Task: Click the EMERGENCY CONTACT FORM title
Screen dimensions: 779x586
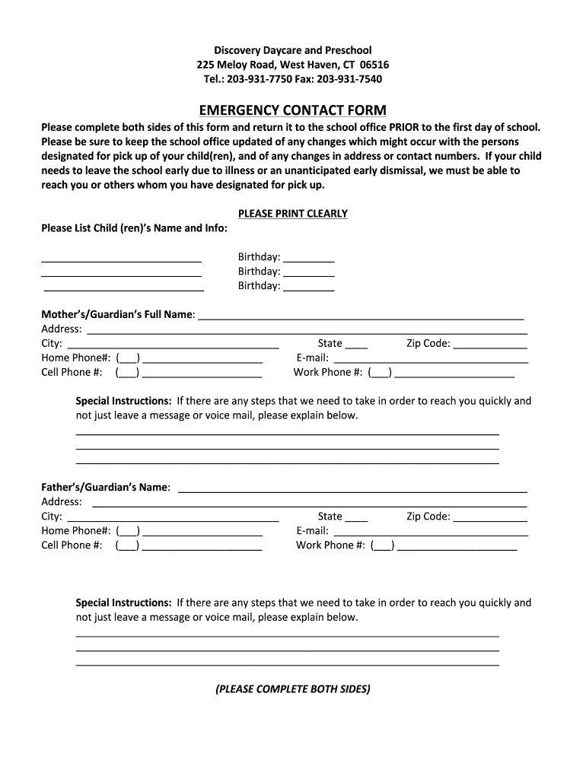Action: tap(293, 110)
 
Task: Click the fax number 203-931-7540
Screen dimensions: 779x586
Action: tap(349, 79)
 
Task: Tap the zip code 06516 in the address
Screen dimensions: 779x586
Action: tap(374, 65)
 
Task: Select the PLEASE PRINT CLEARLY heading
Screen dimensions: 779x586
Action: tap(293, 214)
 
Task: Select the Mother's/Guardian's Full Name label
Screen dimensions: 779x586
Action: tap(117, 314)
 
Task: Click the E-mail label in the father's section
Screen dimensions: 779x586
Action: tap(312, 531)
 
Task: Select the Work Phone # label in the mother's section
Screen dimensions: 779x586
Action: tap(327, 373)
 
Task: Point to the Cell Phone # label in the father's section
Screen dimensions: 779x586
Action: tap(72, 545)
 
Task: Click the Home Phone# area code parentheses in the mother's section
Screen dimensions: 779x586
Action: tap(128, 358)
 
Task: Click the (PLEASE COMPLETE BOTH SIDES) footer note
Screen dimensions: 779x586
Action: tap(293, 689)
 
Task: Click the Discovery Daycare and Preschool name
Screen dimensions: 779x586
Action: tap(293, 50)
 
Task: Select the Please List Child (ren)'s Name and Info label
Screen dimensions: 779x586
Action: tap(134, 228)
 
